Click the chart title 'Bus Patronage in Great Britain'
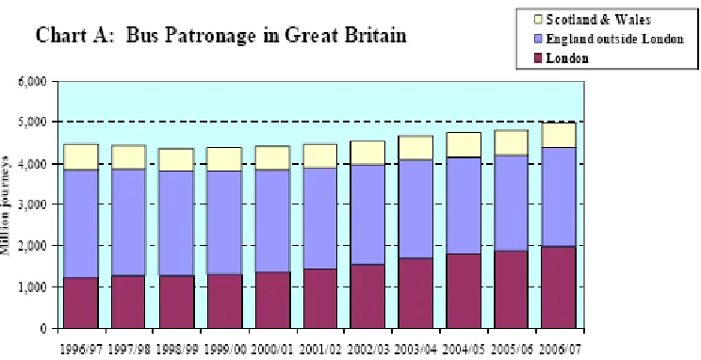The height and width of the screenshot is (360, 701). pyautogui.click(x=266, y=35)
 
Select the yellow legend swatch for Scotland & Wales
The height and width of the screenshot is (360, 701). pyautogui.click(x=538, y=20)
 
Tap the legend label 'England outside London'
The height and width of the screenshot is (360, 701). pyautogui.click(x=614, y=39)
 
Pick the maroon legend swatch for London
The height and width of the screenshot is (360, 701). pyautogui.click(x=538, y=58)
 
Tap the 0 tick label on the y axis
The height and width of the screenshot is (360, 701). pyautogui.click(x=43, y=329)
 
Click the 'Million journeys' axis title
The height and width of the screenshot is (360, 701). pyautogui.click(x=5, y=205)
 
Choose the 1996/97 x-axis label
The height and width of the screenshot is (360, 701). pyautogui.click(x=80, y=349)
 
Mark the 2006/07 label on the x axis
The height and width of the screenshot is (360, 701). pyautogui.click(x=559, y=349)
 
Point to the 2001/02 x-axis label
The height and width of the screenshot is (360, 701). pyautogui.click(x=319, y=349)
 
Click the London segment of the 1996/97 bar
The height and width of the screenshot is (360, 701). pyautogui.click(x=81, y=303)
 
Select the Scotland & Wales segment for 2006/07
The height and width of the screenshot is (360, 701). pyautogui.click(x=559, y=135)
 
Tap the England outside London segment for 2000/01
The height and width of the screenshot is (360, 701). pyautogui.click(x=272, y=221)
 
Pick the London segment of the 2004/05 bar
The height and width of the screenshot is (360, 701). pyautogui.click(x=464, y=291)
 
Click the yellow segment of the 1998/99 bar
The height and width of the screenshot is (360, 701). pyautogui.click(x=177, y=159)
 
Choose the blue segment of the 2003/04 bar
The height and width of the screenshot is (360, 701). pyautogui.click(x=416, y=209)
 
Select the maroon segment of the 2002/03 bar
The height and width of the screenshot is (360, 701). pyautogui.click(x=368, y=297)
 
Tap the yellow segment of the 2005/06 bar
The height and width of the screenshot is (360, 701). pyautogui.click(x=511, y=142)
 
